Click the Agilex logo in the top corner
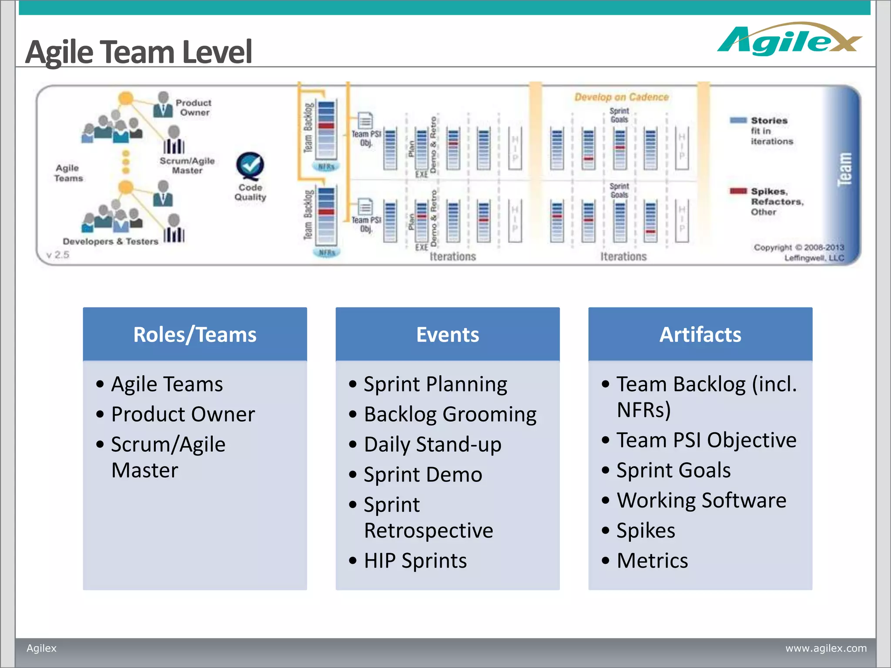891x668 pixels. click(788, 40)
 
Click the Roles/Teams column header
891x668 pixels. click(194, 334)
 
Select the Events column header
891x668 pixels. click(447, 334)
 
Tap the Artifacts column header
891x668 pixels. click(700, 334)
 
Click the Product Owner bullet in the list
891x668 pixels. click(183, 414)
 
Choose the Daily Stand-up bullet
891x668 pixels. click(432, 444)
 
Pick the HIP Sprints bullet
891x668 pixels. click(415, 561)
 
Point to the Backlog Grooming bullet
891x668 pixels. click(450, 414)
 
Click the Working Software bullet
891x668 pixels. click(701, 500)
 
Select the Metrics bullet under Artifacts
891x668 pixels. click(652, 561)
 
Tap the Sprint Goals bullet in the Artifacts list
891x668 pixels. click(673, 470)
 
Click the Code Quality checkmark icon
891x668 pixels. click(250, 165)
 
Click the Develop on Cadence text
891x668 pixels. click(621, 97)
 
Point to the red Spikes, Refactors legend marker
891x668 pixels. click(738, 191)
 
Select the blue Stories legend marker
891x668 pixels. click(738, 120)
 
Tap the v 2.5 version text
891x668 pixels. click(58, 255)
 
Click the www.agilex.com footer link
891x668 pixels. click(826, 648)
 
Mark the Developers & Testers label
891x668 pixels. click(111, 241)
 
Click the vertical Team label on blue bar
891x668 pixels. click(844, 170)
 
